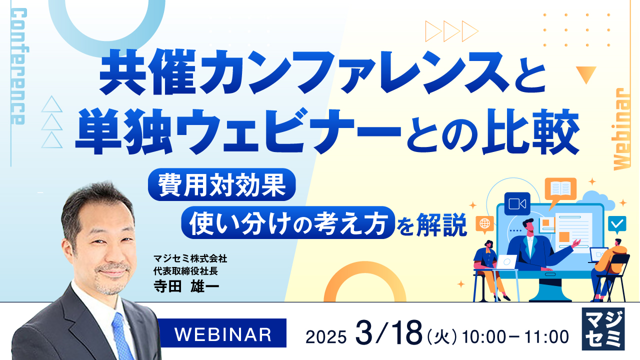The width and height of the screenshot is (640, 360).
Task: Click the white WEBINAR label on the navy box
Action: coord(223,333)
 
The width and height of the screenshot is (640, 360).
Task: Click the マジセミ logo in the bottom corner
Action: coord(604,328)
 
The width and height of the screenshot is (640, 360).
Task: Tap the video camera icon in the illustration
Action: coord(517,204)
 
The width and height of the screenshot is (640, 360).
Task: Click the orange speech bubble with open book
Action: coord(560,189)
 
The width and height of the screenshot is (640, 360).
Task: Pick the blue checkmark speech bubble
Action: coord(617,223)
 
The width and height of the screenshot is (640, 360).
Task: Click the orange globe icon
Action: coord(484,223)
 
